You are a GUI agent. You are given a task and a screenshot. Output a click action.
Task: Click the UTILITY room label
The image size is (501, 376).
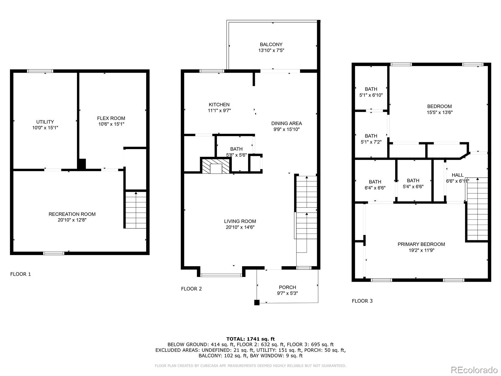45,122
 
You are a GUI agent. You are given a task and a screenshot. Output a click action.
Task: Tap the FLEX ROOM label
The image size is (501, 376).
111,118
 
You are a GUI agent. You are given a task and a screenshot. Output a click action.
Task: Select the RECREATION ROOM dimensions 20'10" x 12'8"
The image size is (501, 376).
72,220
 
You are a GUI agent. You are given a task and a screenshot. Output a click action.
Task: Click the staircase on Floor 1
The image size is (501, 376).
136,209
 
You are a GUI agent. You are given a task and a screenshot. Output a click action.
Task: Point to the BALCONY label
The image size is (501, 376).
271,44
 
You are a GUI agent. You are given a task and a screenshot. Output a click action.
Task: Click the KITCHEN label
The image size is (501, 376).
219,105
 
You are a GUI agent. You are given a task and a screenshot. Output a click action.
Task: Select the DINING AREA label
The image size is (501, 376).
287,123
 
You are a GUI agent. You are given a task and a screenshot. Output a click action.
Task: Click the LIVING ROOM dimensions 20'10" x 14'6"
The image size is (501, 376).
240,227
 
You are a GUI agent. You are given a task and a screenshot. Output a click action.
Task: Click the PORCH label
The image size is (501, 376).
287,287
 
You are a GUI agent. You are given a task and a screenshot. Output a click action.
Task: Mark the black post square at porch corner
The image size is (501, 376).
257,302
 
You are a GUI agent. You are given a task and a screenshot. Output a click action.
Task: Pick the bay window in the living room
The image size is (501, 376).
221,275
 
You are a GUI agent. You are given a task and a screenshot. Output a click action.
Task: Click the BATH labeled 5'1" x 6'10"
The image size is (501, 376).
371,92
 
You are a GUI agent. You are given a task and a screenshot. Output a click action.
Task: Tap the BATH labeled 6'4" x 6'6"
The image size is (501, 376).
375,185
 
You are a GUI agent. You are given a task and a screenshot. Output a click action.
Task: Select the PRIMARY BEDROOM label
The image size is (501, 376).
421,244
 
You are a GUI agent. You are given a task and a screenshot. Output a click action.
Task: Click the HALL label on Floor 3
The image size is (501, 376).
457,175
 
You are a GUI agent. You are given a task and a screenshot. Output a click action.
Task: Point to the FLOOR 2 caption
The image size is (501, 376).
191,289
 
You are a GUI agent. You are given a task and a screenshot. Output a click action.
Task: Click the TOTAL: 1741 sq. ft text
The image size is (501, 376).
250,339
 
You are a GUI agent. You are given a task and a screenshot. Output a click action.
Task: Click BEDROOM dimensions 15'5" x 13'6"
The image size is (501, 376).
440,112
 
